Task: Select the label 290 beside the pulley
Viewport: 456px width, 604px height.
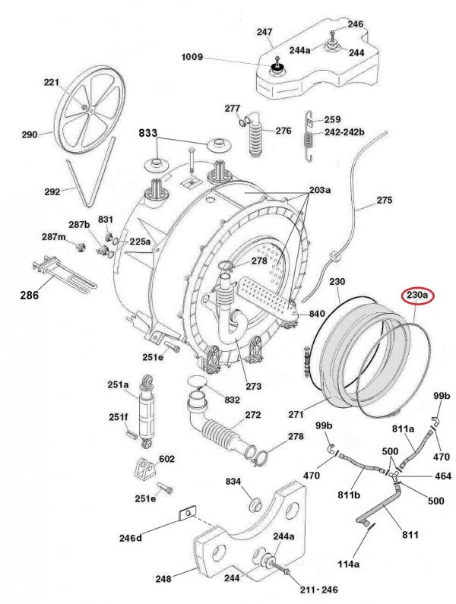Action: [x=30, y=135]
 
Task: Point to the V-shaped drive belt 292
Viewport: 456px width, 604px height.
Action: [x=78, y=182]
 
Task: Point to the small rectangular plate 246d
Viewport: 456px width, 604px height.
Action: [x=183, y=514]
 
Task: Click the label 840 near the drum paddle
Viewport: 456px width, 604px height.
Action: [x=316, y=314]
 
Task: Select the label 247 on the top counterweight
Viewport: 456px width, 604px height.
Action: [x=264, y=32]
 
